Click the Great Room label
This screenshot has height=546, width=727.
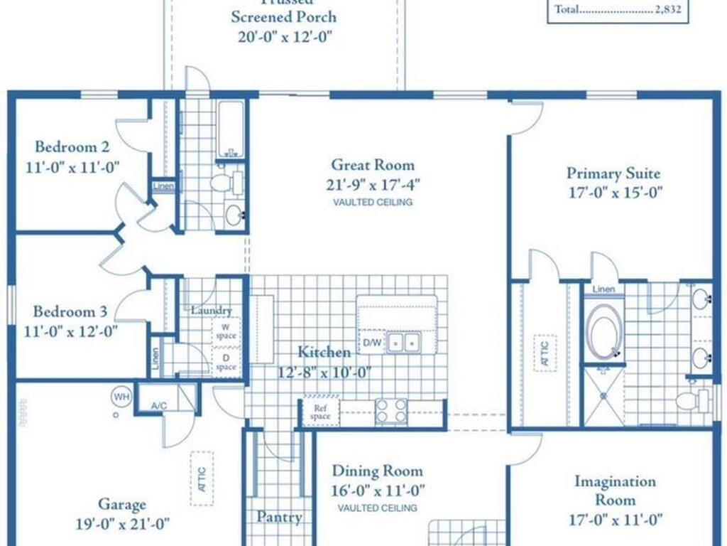click(372, 165)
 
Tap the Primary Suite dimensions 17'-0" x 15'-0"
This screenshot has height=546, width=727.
click(613, 192)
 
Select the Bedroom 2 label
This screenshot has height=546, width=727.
click(72, 148)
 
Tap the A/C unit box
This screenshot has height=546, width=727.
click(158, 405)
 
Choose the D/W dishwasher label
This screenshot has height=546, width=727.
click(371, 343)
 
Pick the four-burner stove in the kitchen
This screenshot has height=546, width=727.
click(391, 412)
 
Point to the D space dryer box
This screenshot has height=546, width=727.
click(226, 362)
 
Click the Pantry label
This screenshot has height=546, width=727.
click(279, 517)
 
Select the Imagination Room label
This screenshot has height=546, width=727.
click(615, 491)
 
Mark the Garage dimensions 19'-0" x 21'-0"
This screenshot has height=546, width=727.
click(122, 525)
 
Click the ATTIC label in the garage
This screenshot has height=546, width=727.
click(202, 478)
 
